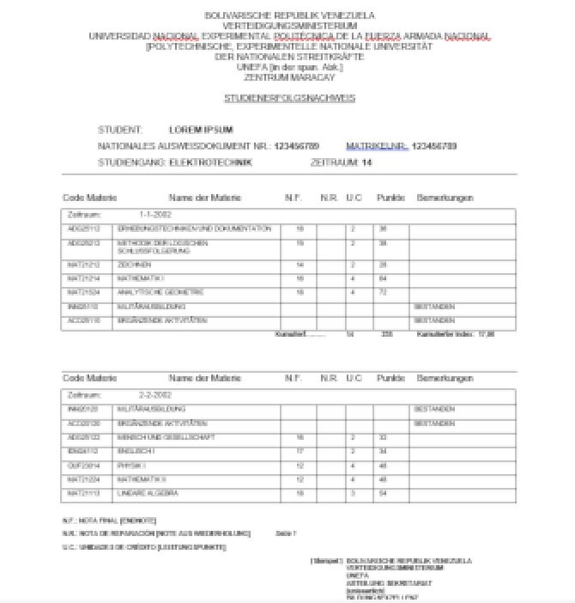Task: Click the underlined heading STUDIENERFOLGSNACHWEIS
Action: pyautogui.click(x=289, y=99)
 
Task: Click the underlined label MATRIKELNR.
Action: pyautogui.click(x=377, y=146)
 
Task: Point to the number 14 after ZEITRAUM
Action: pyautogui.click(x=366, y=161)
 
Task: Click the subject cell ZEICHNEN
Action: pyautogui.click(x=133, y=265)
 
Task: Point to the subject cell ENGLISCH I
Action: pyautogui.click(x=132, y=452)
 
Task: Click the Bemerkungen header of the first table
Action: pyautogui.click(x=445, y=198)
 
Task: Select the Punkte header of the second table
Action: pyautogui.click(x=390, y=378)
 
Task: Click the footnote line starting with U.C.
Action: pyautogui.click(x=145, y=547)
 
